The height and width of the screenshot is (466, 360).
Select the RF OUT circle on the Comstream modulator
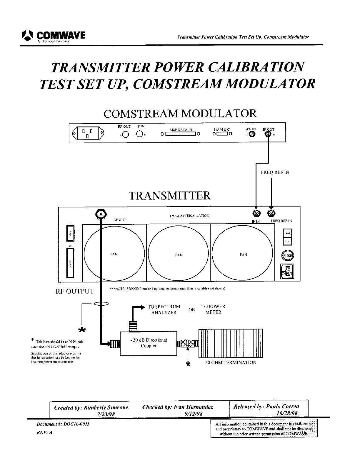tap(126, 134)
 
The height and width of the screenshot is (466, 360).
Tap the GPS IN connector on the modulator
tap(252, 134)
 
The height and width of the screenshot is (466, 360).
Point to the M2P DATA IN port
tap(181, 134)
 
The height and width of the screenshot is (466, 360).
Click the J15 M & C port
tap(222, 134)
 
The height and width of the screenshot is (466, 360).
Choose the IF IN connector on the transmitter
tap(256, 213)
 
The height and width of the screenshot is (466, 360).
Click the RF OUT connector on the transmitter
tap(101, 214)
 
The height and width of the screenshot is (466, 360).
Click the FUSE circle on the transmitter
tap(287, 255)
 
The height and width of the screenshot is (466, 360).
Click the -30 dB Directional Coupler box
tap(149, 343)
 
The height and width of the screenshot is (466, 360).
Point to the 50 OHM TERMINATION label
tap(231, 362)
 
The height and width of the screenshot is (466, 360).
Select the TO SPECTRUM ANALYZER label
tap(164, 309)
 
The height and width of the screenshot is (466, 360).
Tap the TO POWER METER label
tap(213, 309)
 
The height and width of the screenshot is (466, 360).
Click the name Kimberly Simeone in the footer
tap(106, 407)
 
